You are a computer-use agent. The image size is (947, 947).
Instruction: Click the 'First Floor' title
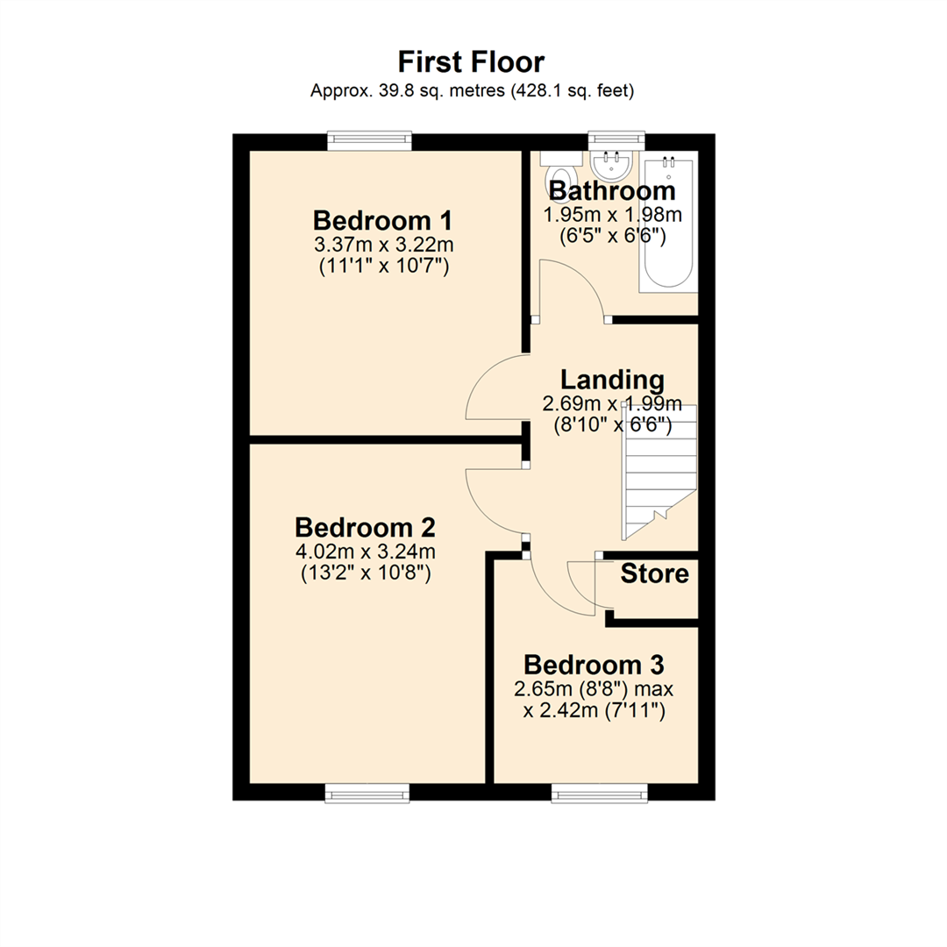[x=472, y=62]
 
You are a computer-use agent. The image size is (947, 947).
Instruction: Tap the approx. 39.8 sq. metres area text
[x=472, y=90]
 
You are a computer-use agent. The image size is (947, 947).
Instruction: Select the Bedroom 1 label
[x=382, y=218]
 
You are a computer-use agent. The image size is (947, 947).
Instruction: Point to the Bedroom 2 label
[x=365, y=528]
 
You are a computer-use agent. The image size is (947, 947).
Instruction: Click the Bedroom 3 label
[x=594, y=663]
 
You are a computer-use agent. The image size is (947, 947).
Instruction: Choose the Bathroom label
[x=612, y=190]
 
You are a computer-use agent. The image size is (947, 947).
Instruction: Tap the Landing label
[x=612, y=381]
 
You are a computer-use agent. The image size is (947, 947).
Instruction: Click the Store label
[x=654, y=574]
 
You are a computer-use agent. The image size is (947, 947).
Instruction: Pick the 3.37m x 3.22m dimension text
[x=382, y=244]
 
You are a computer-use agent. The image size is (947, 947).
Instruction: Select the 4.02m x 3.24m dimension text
[x=365, y=552]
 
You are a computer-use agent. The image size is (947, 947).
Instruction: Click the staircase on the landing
[x=658, y=473]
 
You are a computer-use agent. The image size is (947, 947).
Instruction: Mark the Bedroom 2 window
[x=367, y=794]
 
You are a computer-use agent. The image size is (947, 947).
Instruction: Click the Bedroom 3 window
[x=600, y=794]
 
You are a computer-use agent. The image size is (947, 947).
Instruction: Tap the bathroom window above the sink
[x=616, y=138]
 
